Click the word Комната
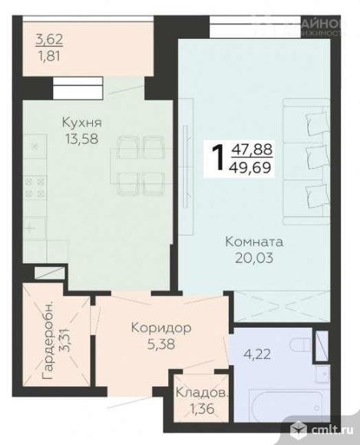(x=253, y=241)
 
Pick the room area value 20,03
(x=254, y=259)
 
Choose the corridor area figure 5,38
(x=161, y=344)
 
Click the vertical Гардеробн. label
(x=48, y=342)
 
